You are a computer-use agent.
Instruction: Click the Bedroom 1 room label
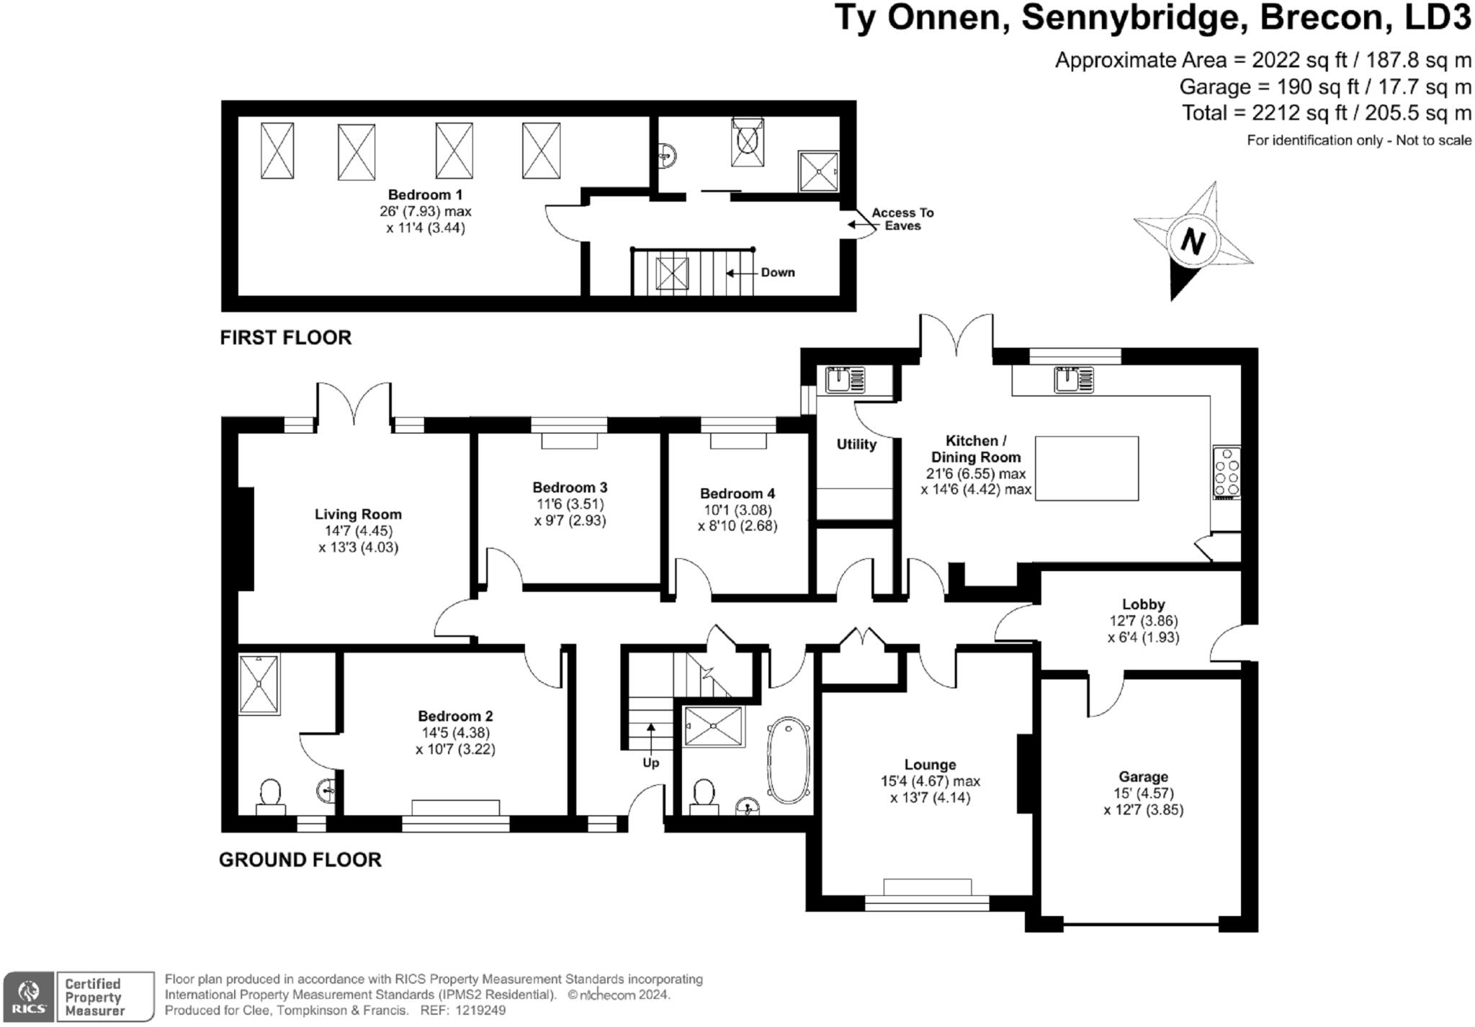coord(425,194)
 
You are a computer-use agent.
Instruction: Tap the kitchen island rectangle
coord(1087,468)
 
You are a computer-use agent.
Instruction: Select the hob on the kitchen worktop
coord(1227,472)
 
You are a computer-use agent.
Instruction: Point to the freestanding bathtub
coord(789,760)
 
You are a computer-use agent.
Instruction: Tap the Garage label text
coord(1143,776)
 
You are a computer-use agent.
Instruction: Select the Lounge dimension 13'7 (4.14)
coord(930,798)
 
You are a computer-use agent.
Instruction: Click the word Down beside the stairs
coord(778,272)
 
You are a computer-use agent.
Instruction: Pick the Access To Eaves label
coord(902,219)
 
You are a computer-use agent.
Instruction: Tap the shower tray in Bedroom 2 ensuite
coord(259,684)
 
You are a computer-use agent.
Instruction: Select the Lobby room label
coord(1143,604)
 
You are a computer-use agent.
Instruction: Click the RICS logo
coord(29,997)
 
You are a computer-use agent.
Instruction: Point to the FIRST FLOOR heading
coord(286,337)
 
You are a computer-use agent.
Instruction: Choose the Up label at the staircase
coord(650,763)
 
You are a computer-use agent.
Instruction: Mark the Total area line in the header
coord(1326,113)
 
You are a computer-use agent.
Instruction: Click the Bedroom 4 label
coord(737,493)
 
